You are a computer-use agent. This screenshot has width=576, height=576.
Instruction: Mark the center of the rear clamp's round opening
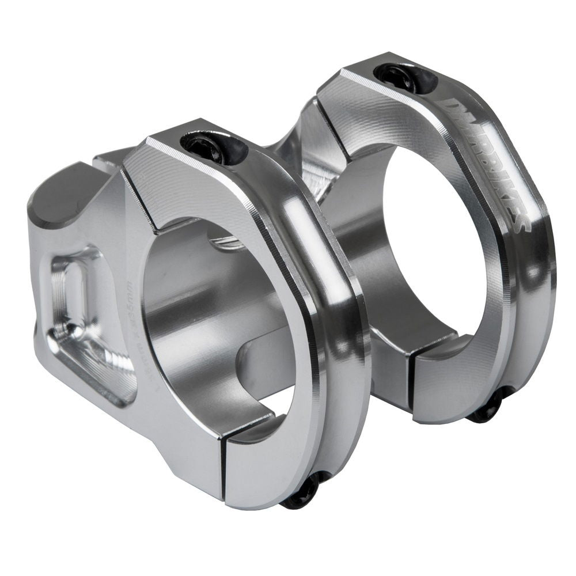click(426, 248)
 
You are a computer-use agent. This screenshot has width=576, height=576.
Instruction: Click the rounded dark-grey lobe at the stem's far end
click(55, 202)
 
